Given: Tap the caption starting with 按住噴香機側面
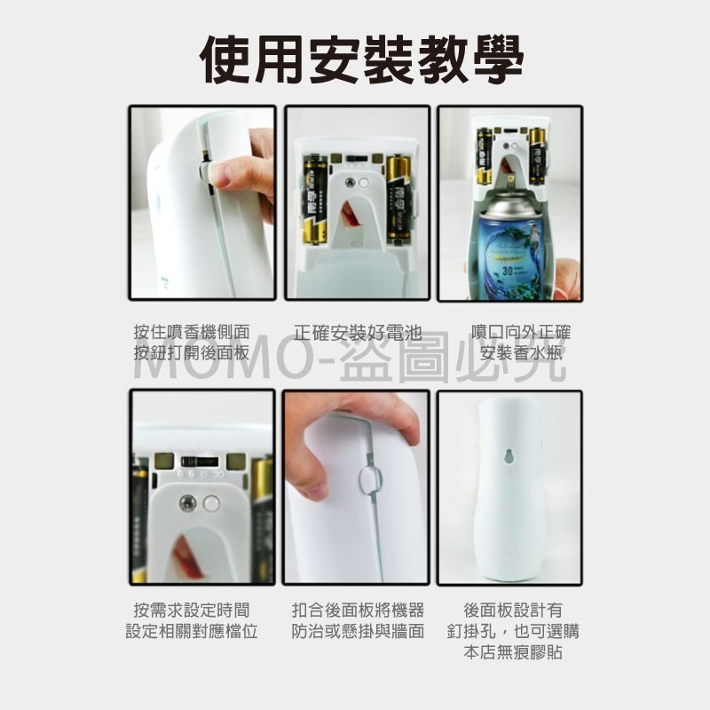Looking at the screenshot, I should [191, 343].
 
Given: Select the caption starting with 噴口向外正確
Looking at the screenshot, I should [521, 343].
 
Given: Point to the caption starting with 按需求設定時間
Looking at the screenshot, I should [191, 620].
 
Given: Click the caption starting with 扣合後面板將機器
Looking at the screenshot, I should [358, 620].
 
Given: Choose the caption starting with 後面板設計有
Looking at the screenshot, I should [513, 631].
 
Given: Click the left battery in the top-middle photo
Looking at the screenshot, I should [315, 200].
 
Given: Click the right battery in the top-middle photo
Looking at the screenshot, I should [398, 200].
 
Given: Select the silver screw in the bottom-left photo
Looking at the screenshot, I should [187, 503].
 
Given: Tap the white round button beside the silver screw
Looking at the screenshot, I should [210, 503].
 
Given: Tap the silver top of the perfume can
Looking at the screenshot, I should [507, 205].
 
